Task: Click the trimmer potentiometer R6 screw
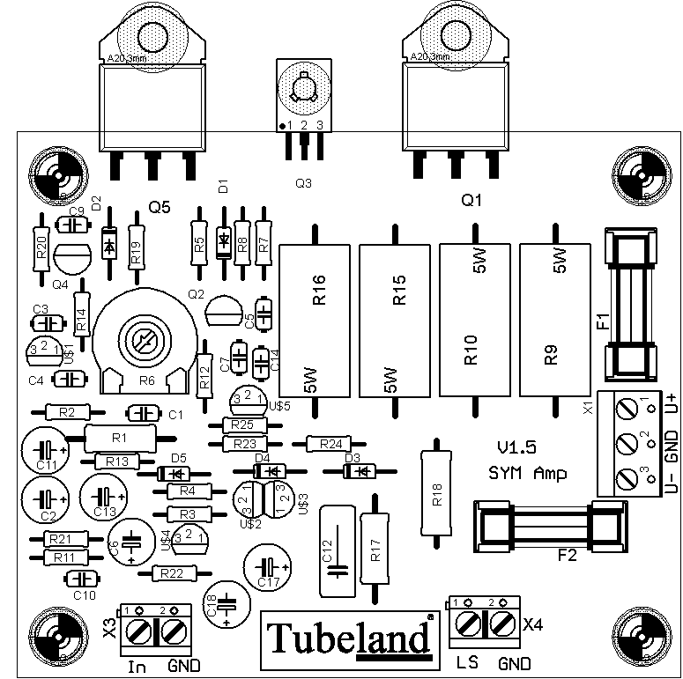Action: tap(142, 339)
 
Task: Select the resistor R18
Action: tap(436, 494)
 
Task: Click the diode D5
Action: tap(173, 474)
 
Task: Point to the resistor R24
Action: tap(330, 444)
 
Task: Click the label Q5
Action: tap(160, 207)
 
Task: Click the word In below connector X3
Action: tap(137, 666)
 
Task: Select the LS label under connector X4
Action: tap(466, 662)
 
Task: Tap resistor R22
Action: tap(173, 573)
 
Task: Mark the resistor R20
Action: tap(41, 248)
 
